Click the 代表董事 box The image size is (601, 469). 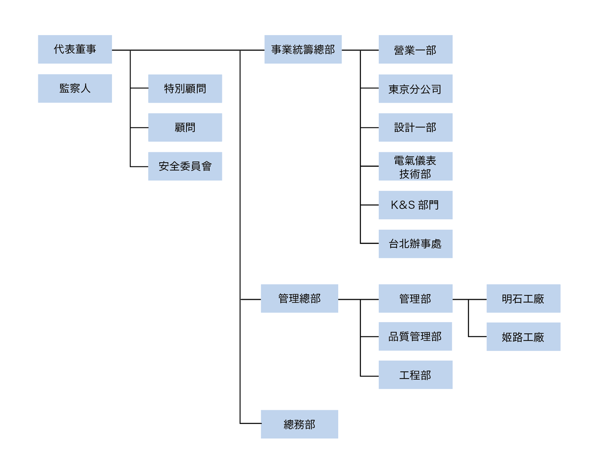(x=75, y=49)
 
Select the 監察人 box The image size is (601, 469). (x=75, y=89)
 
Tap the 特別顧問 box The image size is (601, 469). (x=185, y=89)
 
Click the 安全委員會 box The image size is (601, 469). (x=185, y=166)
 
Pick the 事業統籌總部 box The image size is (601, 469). (x=303, y=49)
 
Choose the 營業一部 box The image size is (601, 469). (x=415, y=49)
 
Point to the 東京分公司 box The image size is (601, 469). (x=415, y=89)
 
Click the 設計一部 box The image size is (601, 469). (x=415, y=127)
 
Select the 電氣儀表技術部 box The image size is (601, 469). (x=415, y=166)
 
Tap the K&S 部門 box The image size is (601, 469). (x=415, y=205)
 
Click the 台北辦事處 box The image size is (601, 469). (x=415, y=244)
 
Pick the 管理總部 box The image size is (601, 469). (x=299, y=299)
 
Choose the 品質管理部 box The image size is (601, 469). (x=415, y=336)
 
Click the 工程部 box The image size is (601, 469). (x=415, y=375)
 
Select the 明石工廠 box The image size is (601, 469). (x=523, y=299)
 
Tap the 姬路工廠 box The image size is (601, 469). (x=523, y=337)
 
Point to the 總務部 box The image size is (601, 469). (x=299, y=424)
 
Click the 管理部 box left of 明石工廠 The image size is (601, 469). (x=415, y=299)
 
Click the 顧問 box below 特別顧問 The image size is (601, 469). (x=185, y=127)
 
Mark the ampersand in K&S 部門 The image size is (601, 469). (x=405, y=205)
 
